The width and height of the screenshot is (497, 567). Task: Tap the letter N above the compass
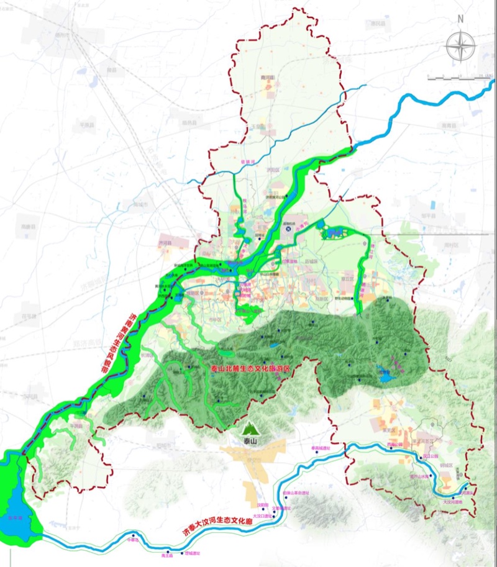pyautogui.click(x=460, y=19)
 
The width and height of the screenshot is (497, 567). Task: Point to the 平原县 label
pyautogui.click(x=86, y=125)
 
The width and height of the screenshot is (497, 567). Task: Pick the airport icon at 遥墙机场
pyautogui.click(x=288, y=229)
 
